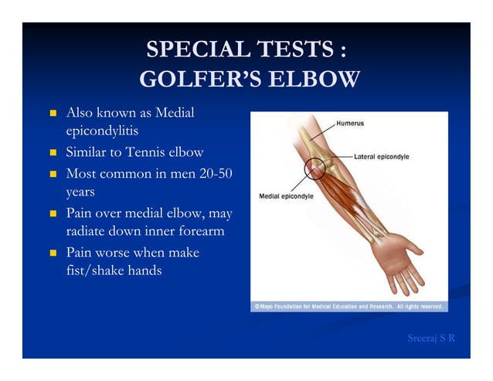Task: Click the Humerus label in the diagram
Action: pyautogui.click(x=350, y=123)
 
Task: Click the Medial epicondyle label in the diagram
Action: pyautogui.click(x=286, y=196)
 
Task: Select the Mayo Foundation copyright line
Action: pyautogui.click(x=348, y=307)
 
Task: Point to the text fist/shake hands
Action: pyautogui.click(x=114, y=271)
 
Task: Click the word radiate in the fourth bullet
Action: pyautogui.click(x=89, y=231)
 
